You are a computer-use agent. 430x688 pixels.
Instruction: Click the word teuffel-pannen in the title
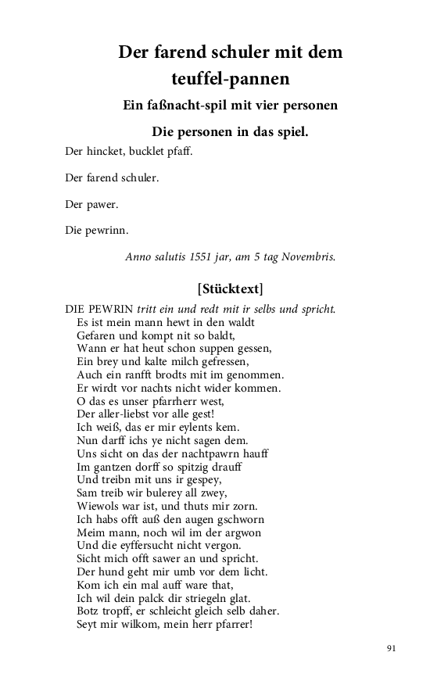[x=231, y=78]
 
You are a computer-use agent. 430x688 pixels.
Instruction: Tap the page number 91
[x=392, y=648]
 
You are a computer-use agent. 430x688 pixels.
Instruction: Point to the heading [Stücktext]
[x=231, y=287]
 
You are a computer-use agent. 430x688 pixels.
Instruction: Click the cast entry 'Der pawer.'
[x=91, y=204]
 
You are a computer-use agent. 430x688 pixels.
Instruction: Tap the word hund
[x=114, y=572]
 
